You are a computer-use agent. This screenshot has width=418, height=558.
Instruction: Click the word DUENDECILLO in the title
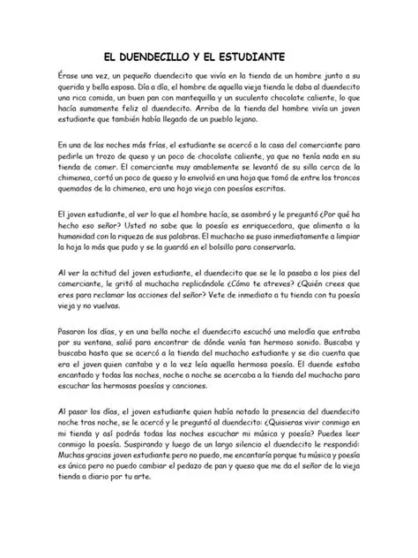[155, 54]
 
